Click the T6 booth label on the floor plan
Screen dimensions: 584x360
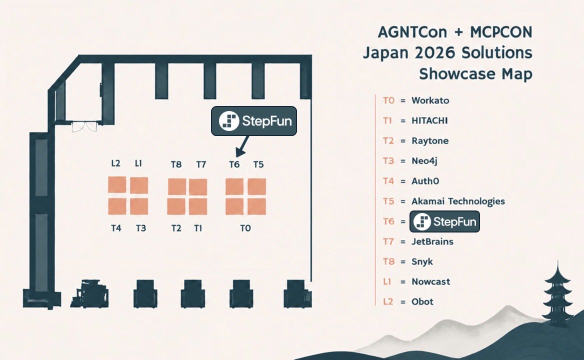[x=234, y=164]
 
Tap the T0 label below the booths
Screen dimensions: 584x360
[x=245, y=228]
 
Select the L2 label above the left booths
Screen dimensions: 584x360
[x=116, y=163]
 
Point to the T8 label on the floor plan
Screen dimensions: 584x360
[x=176, y=164]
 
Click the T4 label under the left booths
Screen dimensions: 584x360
[x=116, y=228]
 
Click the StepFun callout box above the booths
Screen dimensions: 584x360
[x=254, y=121]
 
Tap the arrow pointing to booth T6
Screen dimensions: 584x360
[x=242, y=146]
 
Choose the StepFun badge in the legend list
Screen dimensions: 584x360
[x=444, y=221]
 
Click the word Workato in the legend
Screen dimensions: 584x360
[x=430, y=100]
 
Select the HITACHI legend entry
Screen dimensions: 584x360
[x=429, y=120]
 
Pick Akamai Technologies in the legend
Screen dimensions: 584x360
[x=458, y=201]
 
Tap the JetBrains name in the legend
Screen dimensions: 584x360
[x=432, y=241]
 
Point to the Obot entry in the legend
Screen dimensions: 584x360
[x=422, y=301]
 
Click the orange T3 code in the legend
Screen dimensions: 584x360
[x=388, y=161]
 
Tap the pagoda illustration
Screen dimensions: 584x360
[x=557, y=294]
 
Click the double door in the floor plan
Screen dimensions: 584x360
[x=84, y=126]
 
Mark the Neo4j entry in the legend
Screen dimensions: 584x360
[x=424, y=161]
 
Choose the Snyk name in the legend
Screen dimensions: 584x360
[x=422, y=261]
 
